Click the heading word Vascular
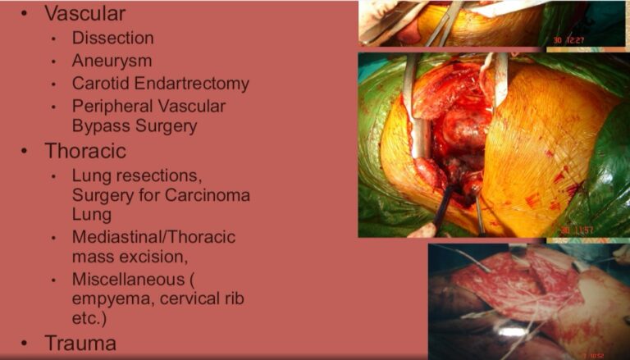pyautogui.click(x=85, y=14)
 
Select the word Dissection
pyautogui.click(x=113, y=39)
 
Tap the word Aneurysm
pyautogui.click(x=112, y=62)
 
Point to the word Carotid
pyautogui.click(x=101, y=84)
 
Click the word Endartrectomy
pyautogui.click(x=192, y=84)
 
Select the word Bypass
pyautogui.click(x=101, y=126)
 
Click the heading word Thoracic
pyautogui.click(x=85, y=152)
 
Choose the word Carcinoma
pyautogui.click(x=208, y=195)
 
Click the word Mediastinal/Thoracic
pyautogui.click(x=154, y=237)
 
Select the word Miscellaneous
pyautogui.click(x=129, y=280)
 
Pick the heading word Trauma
pyautogui.click(x=80, y=344)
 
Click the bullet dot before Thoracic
pyautogui.click(x=24, y=152)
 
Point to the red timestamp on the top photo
pyautogui.click(x=568, y=40)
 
